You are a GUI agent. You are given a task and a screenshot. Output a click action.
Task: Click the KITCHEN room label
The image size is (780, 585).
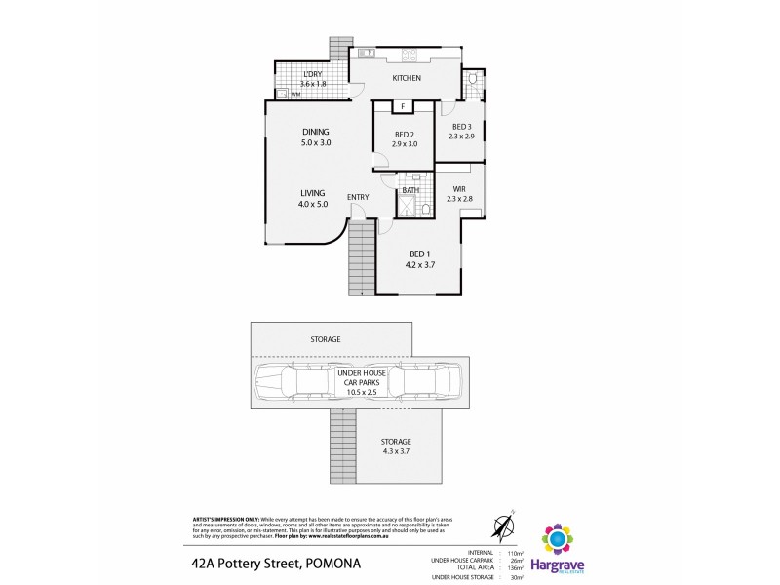407,78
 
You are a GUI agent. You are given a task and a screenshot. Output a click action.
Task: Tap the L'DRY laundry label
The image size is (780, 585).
312,75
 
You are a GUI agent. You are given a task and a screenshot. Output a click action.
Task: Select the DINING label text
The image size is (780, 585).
316,132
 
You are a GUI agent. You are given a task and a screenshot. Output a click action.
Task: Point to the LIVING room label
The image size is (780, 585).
312,193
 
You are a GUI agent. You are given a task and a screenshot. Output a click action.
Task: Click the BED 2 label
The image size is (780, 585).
405,135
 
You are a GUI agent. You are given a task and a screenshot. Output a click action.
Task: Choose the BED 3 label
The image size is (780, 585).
461,126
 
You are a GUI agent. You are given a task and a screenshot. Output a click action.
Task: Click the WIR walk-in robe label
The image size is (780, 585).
459,189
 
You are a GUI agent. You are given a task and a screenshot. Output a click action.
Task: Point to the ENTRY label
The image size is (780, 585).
358,198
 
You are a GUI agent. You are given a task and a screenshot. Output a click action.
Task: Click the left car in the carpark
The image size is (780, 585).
290,382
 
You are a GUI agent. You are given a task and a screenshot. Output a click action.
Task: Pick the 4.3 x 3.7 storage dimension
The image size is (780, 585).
395,453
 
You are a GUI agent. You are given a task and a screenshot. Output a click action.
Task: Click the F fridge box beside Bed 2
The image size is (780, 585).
402,106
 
